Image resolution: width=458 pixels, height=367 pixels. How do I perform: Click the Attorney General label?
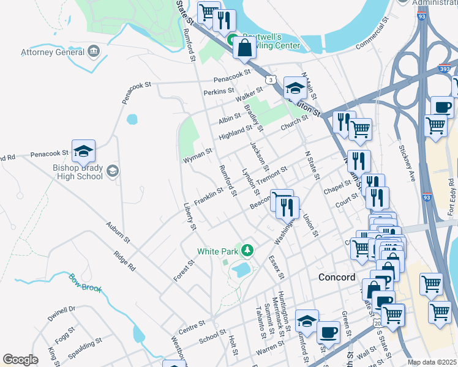tap(52, 51)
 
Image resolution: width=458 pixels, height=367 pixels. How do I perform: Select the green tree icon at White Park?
tap(247, 250)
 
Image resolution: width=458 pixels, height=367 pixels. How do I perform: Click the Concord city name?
tap(336, 277)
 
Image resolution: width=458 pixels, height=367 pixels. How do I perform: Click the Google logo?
tap(21, 360)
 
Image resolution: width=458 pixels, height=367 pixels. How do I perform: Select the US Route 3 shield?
tap(270, 80)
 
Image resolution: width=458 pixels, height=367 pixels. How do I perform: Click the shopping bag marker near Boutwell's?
tap(244, 48)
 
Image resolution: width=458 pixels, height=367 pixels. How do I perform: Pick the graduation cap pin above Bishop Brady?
tap(84, 150)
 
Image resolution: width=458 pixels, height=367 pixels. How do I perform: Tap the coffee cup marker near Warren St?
tap(328, 332)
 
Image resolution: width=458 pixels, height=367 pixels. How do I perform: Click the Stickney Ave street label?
tap(408, 163)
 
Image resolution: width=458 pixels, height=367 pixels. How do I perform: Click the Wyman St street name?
tap(197, 155)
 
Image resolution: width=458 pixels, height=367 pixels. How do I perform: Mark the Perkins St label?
tap(215, 92)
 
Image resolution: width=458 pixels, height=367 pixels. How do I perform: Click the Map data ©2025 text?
tap(432, 362)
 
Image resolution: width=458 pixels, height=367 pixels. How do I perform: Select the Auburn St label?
tap(118, 233)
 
